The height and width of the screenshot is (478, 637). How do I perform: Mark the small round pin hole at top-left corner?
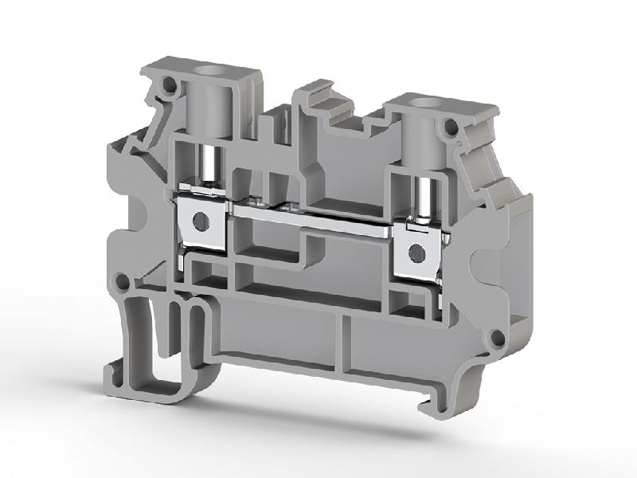[x=169, y=83]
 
